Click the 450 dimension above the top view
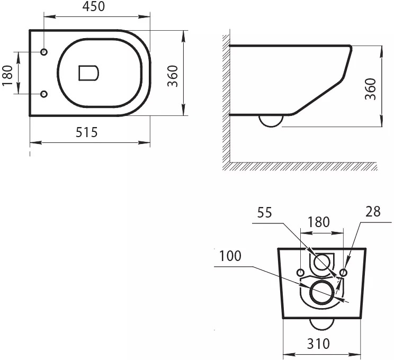pyautogui.click(x=94, y=7)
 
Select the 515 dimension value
pyautogui.click(x=87, y=132)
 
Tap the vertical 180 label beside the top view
pyautogui.click(x=7, y=75)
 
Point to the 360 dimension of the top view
pyautogui.click(x=173, y=76)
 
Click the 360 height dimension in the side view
pyautogui.click(x=371, y=89)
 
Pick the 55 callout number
pyautogui.click(x=265, y=212)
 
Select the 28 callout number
pyautogui.click(x=373, y=212)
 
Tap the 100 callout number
pyautogui.click(x=230, y=256)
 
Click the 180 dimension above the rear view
pyautogui.click(x=319, y=222)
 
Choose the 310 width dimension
pyautogui.click(x=318, y=344)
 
